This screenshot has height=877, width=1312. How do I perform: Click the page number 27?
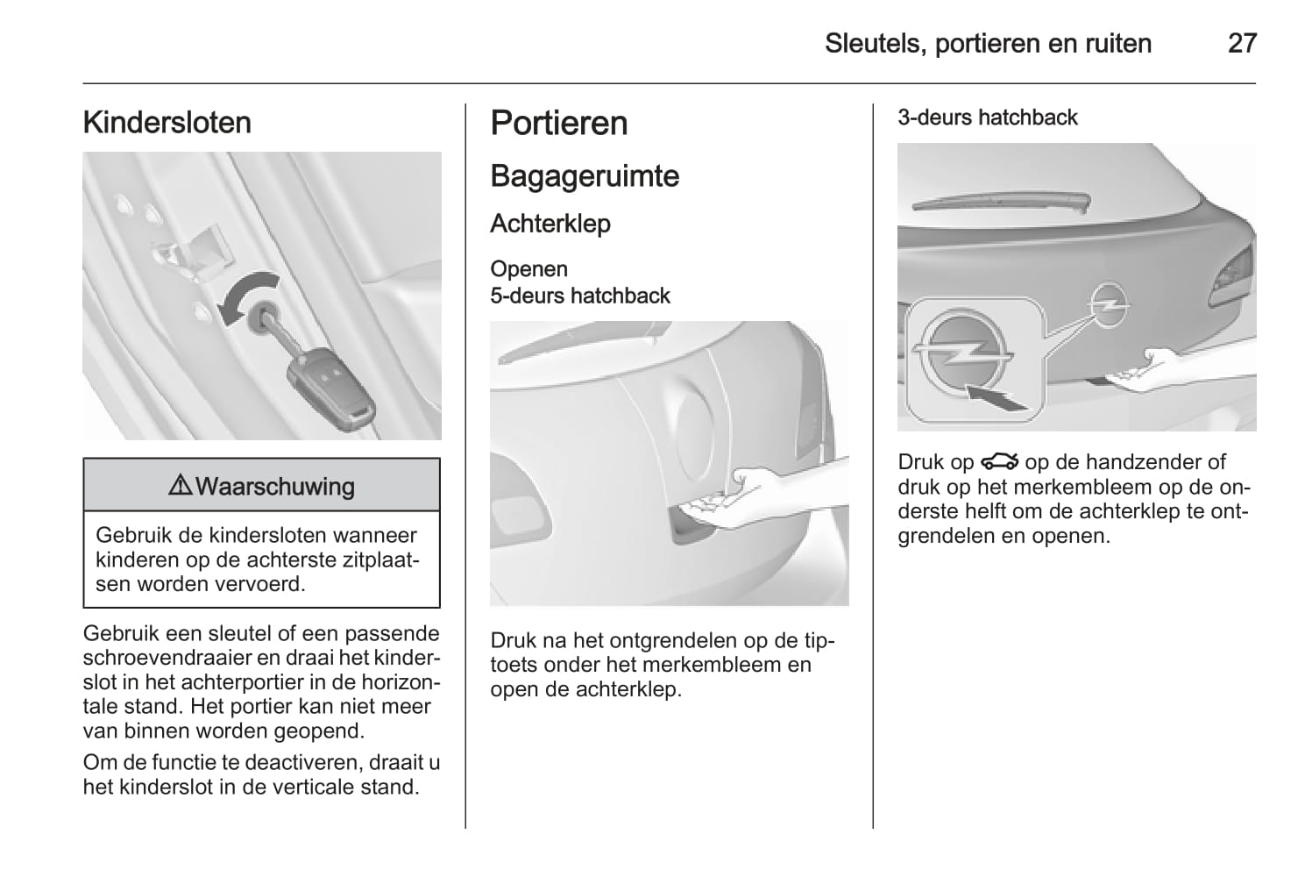pos(1242,43)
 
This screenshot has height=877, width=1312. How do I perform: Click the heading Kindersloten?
pos(167,123)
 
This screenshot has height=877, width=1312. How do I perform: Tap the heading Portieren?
pos(559,123)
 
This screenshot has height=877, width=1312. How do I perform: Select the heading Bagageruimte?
pos(585,176)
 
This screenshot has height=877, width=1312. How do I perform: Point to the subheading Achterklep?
pos(550,224)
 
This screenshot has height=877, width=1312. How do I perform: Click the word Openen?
pos(528,269)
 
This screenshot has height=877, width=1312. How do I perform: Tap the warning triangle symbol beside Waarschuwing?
pos(181,485)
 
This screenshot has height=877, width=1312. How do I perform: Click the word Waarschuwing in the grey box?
pos(274,487)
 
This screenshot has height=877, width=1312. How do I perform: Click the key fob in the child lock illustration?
pos(331,389)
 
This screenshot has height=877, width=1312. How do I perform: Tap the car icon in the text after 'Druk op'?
pos(1000,462)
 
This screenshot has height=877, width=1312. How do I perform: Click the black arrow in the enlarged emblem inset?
pos(996,399)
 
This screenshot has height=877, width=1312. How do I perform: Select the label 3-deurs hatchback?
pos(988,118)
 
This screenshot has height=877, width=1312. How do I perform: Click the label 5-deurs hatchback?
pos(580,296)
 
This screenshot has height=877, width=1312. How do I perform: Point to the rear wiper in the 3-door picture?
pos(1002,201)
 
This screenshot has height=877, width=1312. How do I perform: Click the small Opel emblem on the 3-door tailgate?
pos(1109,305)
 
